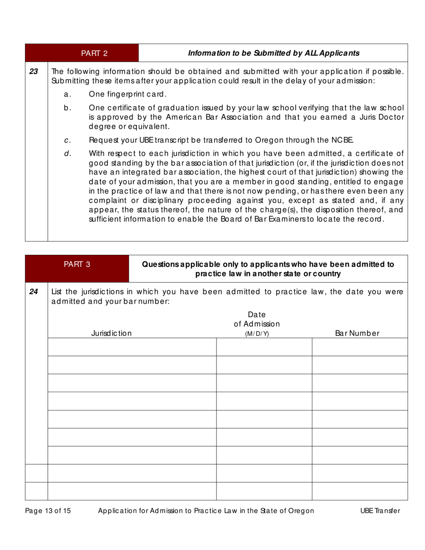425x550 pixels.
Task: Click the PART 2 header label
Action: (x=94, y=53)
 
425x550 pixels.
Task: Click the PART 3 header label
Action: (x=77, y=264)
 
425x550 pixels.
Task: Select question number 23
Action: (x=34, y=71)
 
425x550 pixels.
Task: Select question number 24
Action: (x=34, y=292)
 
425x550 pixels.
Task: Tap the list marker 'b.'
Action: (x=68, y=108)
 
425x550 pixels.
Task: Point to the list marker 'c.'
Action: (x=68, y=140)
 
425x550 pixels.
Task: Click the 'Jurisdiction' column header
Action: (x=111, y=333)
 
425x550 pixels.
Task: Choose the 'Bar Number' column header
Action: (x=357, y=333)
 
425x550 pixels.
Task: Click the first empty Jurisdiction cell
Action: (x=132, y=347)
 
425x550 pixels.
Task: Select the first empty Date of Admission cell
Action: (x=264, y=347)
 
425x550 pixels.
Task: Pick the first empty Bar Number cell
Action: (x=360, y=347)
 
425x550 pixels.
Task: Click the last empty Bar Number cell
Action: (x=360, y=491)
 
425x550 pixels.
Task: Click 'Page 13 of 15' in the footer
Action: (x=48, y=511)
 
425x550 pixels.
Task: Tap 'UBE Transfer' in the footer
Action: (x=380, y=511)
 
